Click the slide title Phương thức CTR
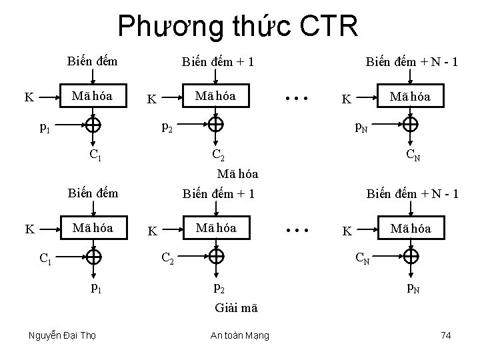[x=238, y=27]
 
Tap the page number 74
[x=446, y=335]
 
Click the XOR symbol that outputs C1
[x=93, y=124]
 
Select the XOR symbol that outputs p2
[x=215, y=256]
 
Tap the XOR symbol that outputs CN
[x=411, y=124]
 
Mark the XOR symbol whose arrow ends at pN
[x=411, y=256]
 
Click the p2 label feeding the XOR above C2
[x=168, y=126]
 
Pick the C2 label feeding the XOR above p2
[x=168, y=258]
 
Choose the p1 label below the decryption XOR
[x=96, y=289]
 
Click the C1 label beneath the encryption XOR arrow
[x=96, y=157]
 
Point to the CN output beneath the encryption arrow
[x=413, y=157]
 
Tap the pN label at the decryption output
[x=413, y=289]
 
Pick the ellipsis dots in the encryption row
[x=295, y=99]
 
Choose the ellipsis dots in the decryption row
[x=295, y=231]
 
